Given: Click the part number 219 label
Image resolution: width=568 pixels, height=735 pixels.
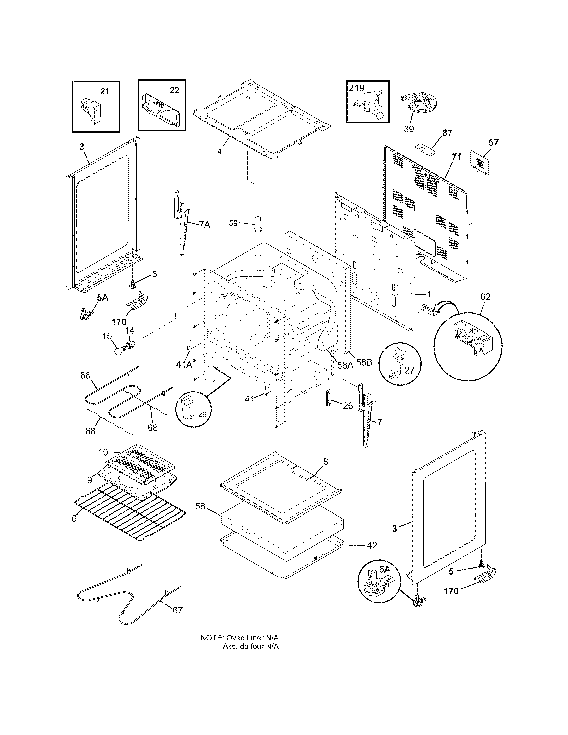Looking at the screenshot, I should tap(357, 88).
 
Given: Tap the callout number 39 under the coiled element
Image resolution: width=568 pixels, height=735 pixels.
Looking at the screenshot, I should tap(409, 129).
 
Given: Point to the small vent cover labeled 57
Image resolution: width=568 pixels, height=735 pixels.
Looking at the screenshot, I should tap(480, 163).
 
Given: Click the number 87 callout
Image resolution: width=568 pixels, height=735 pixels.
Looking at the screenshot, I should tap(447, 133).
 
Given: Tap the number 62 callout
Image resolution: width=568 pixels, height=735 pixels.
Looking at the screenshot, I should tap(485, 296).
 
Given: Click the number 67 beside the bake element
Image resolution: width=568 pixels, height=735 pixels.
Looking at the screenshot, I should tap(178, 610).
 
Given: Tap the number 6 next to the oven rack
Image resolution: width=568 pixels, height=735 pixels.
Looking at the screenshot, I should tap(74, 519).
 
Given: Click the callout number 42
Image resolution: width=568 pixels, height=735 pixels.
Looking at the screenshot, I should tap(372, 545).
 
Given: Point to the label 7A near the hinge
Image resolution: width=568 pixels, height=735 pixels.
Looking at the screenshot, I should tap(204, 224).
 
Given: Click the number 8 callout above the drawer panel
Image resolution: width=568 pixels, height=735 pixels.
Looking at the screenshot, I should tap(325, 461).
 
